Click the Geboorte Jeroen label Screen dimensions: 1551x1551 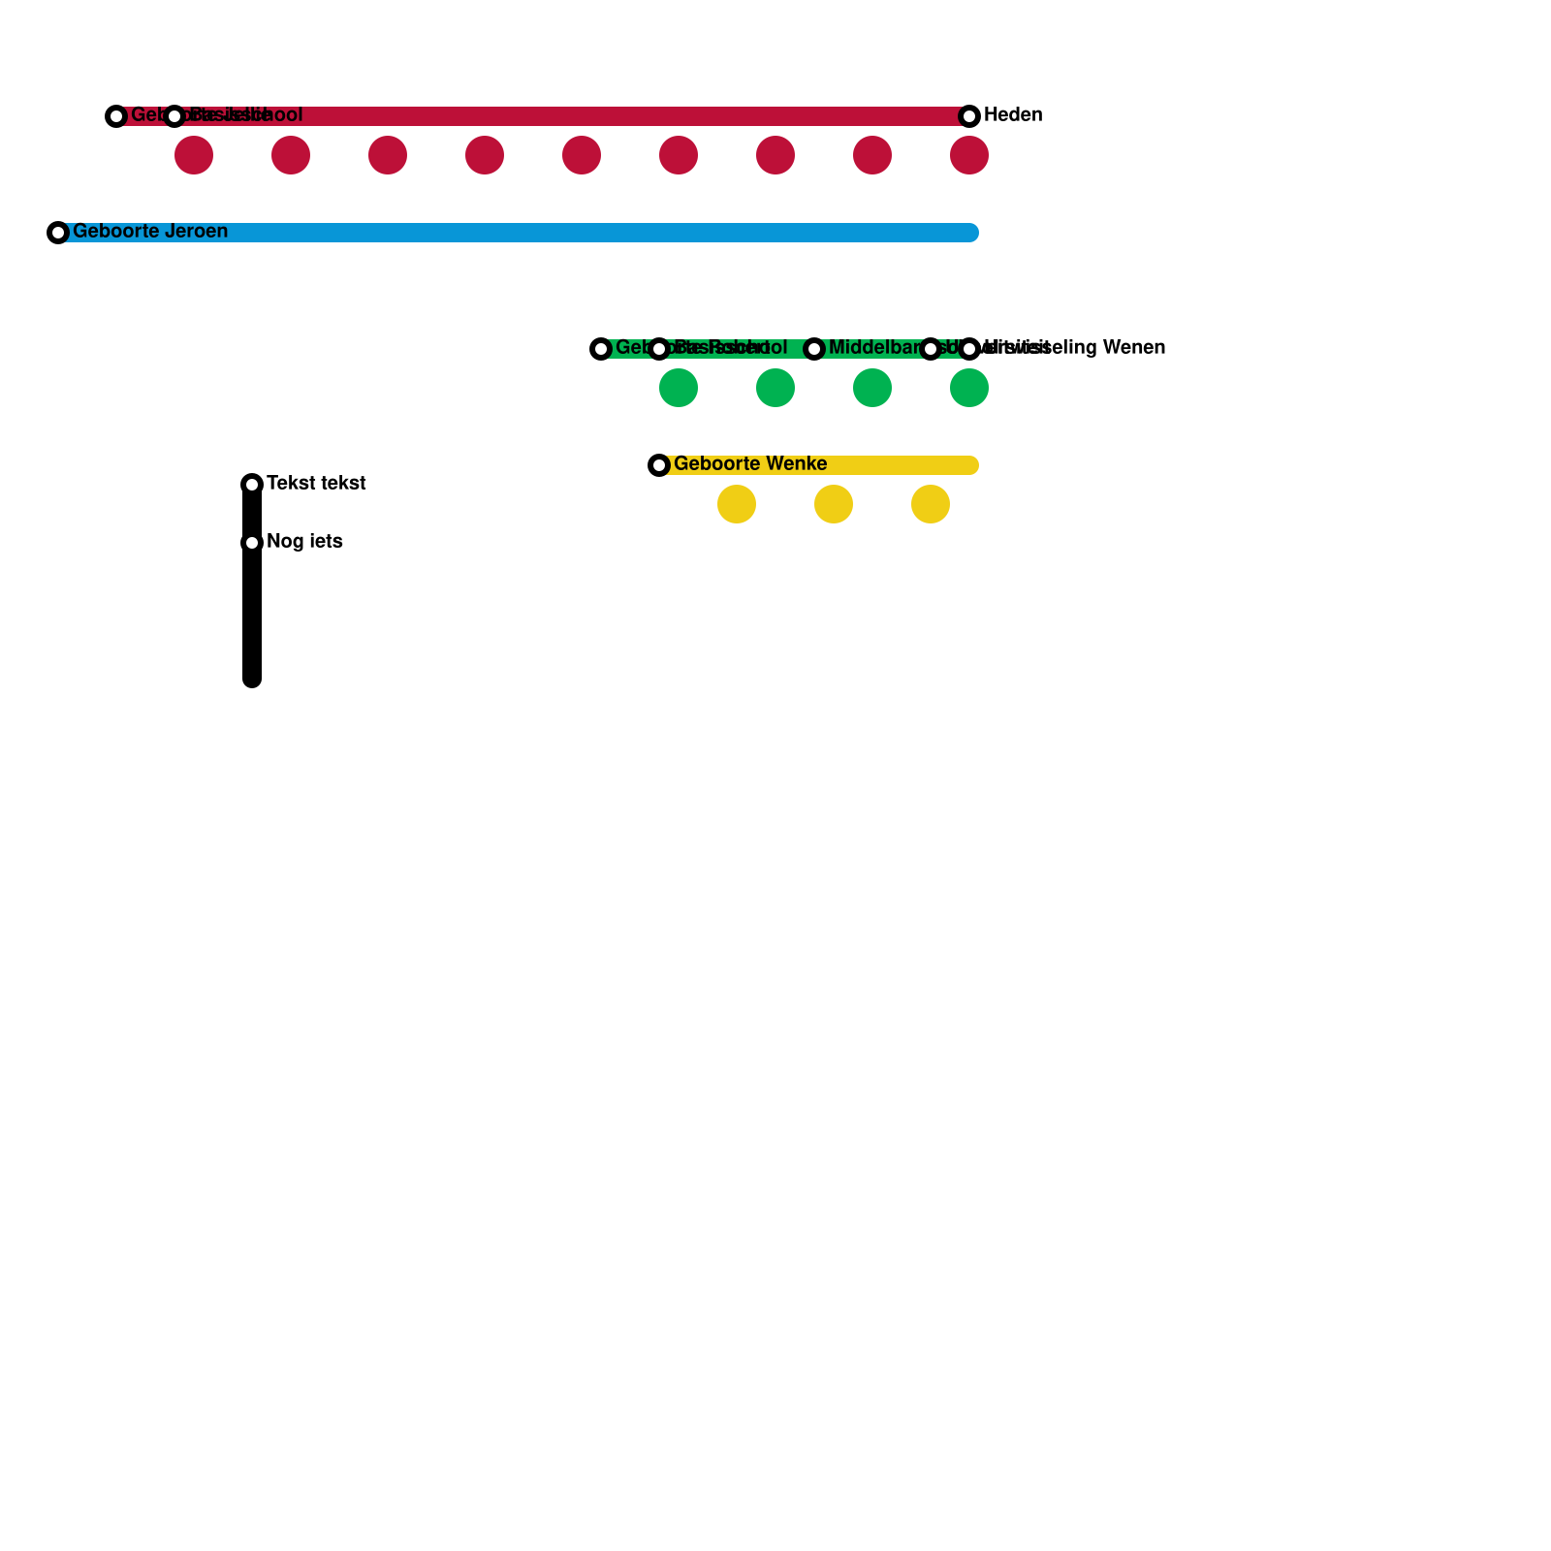[150, 232]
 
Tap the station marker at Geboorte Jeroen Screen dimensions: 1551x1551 [58, 233]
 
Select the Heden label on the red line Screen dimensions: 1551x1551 [1013, 115]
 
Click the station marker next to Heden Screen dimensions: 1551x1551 [969, 116]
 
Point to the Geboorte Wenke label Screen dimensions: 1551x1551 [750, 464]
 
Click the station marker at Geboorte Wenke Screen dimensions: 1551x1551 [659, 465]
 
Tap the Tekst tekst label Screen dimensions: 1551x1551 [316, 484]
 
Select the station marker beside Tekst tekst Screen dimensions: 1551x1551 [252, 484]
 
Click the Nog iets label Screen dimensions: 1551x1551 [304, 542]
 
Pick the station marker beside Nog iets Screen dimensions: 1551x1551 [252, 543]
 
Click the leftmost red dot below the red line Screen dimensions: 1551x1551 [194, 155]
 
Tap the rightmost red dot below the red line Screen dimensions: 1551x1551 [969, 155]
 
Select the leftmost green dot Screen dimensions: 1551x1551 [679, 388]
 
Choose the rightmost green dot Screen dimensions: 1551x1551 [969, 388]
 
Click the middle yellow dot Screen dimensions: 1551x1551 [834, 504]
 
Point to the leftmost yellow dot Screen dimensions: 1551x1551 [737, 504]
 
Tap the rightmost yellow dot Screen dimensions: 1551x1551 [931, 504]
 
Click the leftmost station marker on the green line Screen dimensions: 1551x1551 [601, 349]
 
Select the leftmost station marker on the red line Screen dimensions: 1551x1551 [116, 116]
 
